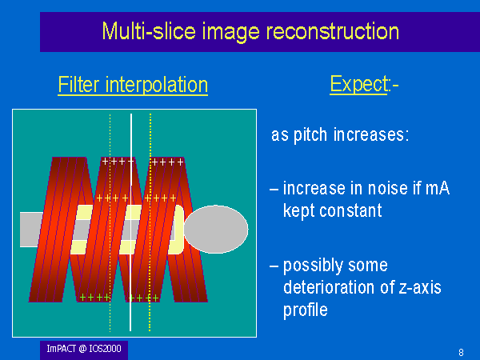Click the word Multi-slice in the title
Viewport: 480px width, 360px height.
(149, 31)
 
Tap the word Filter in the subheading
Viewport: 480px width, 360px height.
(79, 85)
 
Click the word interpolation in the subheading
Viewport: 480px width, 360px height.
(157, 85)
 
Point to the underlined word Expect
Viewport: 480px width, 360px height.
(358, 84)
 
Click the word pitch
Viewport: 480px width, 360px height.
(310, 135)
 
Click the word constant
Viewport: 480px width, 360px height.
(350, 210)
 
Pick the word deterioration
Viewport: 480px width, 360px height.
(330, 287)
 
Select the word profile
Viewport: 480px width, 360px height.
(306, 310)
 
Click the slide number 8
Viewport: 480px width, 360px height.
(462, 352)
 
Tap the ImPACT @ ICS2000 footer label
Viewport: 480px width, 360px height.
(84, 349)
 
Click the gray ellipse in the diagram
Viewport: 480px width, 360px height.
(216, 230)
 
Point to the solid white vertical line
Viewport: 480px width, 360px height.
(130, 222)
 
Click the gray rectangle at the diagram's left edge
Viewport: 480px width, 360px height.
(31, 230)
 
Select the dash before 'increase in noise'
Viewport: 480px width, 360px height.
(274, 190)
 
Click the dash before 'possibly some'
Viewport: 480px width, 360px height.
(274, 266)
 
